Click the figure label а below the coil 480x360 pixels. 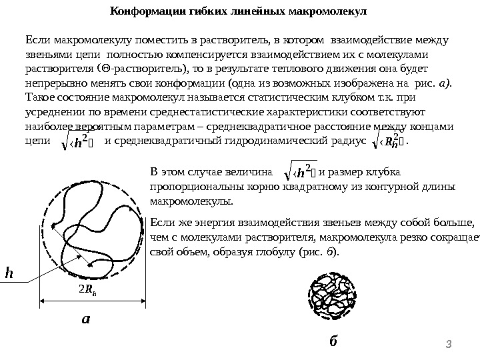tap(85, 319)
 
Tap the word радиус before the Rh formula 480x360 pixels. tap(349, 140)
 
